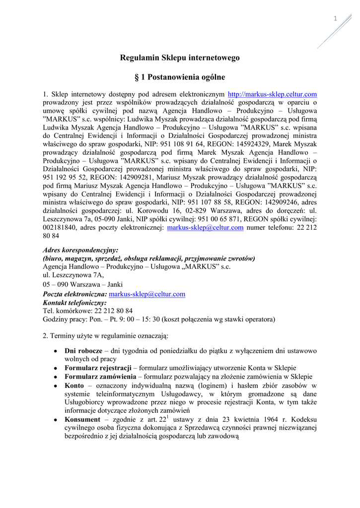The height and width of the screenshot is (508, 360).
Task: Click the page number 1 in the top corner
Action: tap(335, 19)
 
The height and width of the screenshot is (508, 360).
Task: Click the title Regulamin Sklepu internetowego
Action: tap(180, 58)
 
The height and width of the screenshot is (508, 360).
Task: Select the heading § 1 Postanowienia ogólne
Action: tap(180, 77)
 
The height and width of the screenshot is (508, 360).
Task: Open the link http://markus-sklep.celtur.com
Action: tap(272, 94)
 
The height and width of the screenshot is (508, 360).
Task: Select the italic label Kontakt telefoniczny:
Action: tap(75, 302)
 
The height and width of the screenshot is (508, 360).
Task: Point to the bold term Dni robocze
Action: tap(83, 351)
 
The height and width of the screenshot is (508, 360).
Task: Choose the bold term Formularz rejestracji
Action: tap(98, 368)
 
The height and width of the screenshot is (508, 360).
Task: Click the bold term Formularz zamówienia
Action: tap(100, 376)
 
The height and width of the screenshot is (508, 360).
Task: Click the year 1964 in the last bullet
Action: tap(267, 420)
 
